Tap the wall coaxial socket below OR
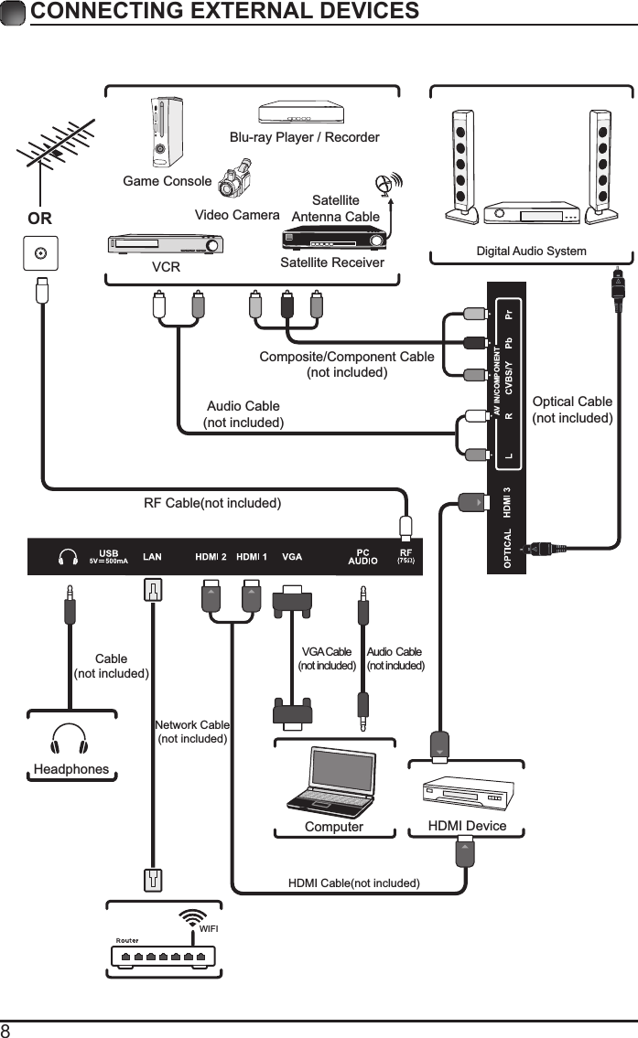click(x=39, y=253)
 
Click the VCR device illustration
click(x=166, y=245)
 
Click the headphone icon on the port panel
click(x=67, y=557)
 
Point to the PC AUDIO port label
click(x=362, y=557)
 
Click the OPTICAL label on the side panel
click(x=508, y=547)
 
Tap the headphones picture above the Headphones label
click(x=70, y=739)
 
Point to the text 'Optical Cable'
click(x=572, y=401)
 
